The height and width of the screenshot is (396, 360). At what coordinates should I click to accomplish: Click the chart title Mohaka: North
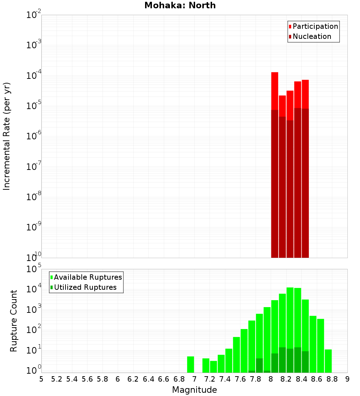[x=180, y=5]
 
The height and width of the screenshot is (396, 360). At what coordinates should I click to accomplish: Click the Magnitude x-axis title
[x=194, y=390]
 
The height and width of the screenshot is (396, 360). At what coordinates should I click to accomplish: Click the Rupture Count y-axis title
[x=14, y=321]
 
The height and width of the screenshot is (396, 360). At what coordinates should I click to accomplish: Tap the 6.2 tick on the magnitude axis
[x=133, y=379]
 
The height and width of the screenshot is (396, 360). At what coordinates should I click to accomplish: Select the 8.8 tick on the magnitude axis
[x=332, y=379]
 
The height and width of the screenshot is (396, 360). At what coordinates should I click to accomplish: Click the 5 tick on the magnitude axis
[x=41, y=379]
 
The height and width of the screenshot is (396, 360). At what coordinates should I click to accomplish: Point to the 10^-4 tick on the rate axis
[x=34, y=76]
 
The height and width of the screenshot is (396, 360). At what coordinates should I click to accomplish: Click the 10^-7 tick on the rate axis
[x=34, y=167]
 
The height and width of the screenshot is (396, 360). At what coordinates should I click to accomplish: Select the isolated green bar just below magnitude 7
[x=191, y=364]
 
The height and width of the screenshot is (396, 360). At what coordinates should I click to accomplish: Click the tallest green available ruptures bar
[x=290, y=324]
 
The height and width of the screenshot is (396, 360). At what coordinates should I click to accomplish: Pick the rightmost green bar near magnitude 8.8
[x=328, y=361]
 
